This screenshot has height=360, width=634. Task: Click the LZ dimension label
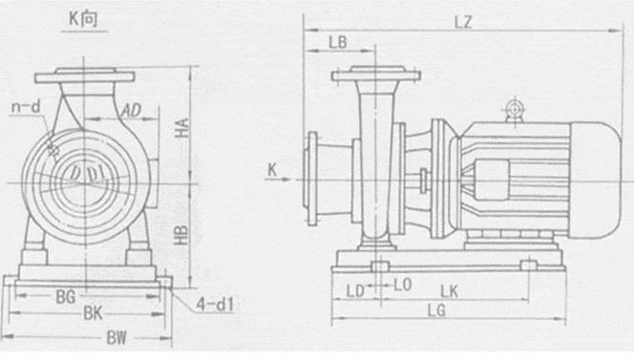coord(463,22)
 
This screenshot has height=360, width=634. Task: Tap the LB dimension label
coord(338,42)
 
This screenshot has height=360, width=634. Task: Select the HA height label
coord(182,128)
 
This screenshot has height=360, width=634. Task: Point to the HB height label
coord(181,235)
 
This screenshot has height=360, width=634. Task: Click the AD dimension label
coord(132,110)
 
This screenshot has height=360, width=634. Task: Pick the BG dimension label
coord(66,297)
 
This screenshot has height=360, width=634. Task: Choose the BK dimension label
coord(94,313)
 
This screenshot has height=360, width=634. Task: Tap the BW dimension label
coord(116,338)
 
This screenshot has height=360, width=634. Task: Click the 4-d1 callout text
coord(215,305)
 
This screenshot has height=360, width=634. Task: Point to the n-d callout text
coord(27,107)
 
